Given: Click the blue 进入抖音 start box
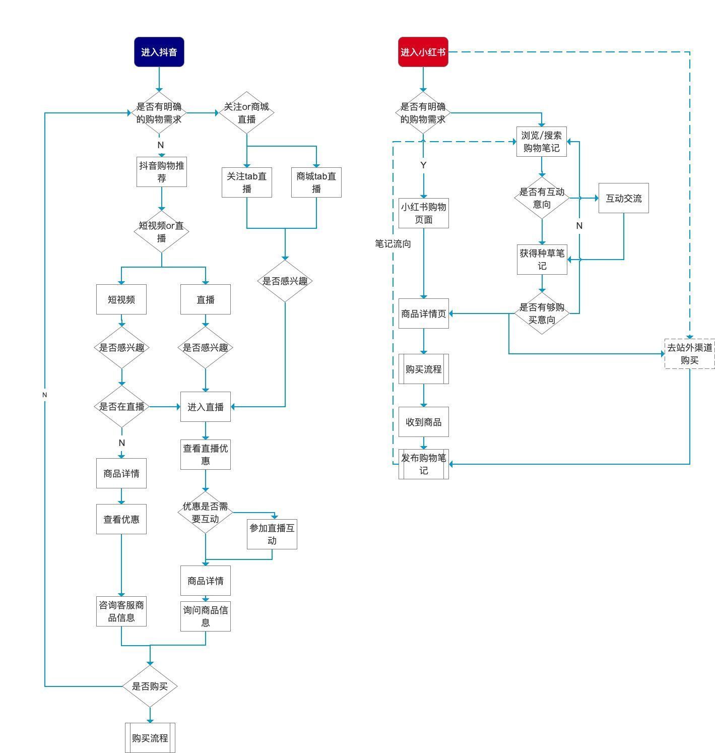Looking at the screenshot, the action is (159, 52).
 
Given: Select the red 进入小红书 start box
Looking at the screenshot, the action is (423, 52).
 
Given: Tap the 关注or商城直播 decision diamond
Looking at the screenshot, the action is (246, 112).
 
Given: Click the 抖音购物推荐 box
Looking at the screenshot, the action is (162, 171).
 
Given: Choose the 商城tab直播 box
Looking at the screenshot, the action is (316, 182).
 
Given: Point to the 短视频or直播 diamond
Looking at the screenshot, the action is (162, 231).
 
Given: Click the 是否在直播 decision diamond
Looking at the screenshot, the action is (122, 406).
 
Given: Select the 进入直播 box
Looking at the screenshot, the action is (206, 407).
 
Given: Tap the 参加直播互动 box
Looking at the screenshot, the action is (272, 534).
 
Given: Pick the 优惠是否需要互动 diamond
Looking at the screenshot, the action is (206, 513).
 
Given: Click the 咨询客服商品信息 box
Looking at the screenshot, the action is (121, 611).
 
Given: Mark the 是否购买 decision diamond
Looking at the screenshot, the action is (150, 686).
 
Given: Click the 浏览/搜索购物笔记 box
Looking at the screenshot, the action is (542, 142).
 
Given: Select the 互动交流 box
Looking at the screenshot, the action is (624, 198).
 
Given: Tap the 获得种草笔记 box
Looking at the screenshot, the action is (542, 260).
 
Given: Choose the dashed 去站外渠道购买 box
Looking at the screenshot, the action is (690, 354).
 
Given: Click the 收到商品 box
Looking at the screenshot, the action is (424, 422).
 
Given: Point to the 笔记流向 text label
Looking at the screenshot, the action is (393, 243).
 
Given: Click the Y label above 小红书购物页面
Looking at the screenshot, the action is (423, 165).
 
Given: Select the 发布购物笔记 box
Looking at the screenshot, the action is (424, 464).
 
